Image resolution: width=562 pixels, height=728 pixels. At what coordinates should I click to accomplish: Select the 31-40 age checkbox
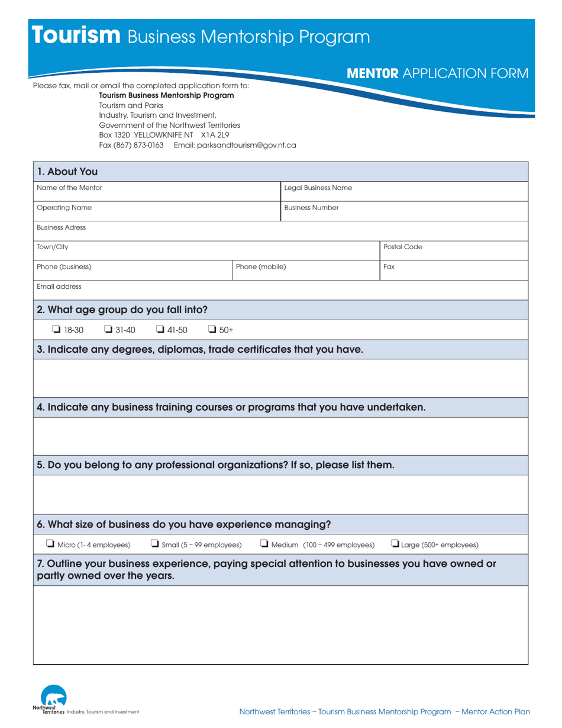[108, 330]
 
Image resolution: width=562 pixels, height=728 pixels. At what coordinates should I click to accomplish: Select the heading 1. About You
[67, 172]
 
